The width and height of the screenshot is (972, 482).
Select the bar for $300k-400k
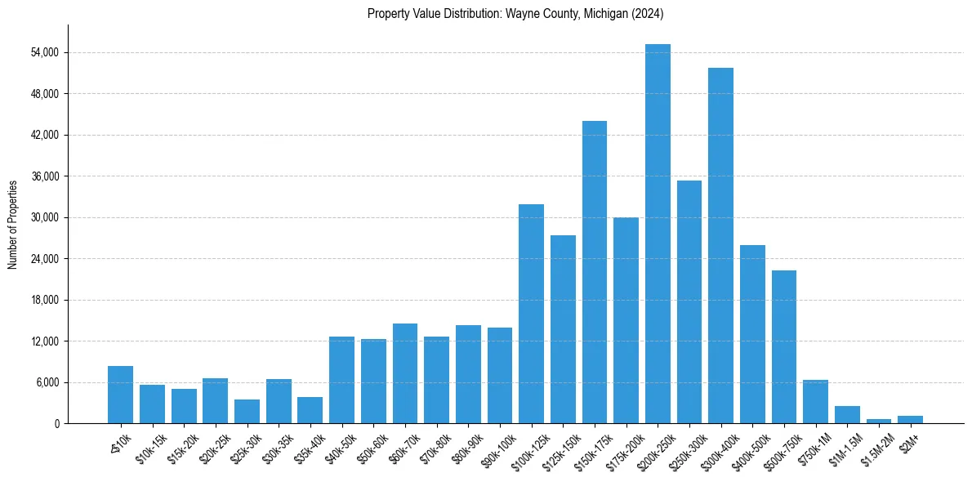(x=720, y=245)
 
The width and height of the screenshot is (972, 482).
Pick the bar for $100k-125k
(x=531, y=314)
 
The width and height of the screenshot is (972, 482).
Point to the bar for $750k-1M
(x=815, y=402)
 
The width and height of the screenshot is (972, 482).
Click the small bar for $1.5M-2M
(x=879, y=421)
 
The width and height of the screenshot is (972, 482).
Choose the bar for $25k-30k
(x=247, y=412)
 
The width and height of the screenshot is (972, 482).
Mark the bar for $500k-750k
(x=784, y=347)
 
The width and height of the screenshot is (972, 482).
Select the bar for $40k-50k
(x=341, y=380)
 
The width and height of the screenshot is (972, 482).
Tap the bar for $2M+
(x=910, y=420)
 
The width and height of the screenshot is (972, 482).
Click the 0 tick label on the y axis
(x=57, y=424)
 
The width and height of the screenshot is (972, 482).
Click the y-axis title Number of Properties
(x=13, y=225)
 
